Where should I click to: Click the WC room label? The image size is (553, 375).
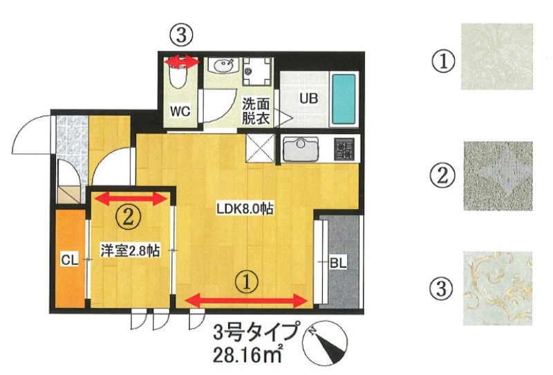(181, 111)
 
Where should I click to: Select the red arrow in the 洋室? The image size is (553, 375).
(131, 199)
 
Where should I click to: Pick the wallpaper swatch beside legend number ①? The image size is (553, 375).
(496, 57)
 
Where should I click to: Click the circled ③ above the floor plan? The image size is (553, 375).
(181, 34)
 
